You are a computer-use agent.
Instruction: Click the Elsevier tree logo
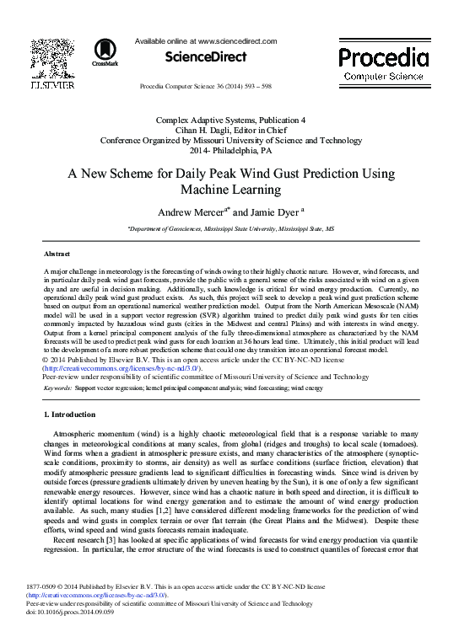click(51, 59)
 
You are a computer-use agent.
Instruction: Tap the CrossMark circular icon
click(105, 52)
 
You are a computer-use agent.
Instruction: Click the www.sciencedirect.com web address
click(236, 40)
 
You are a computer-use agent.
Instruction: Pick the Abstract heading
click(57, 253)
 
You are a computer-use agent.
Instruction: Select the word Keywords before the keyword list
click(57, 388)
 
